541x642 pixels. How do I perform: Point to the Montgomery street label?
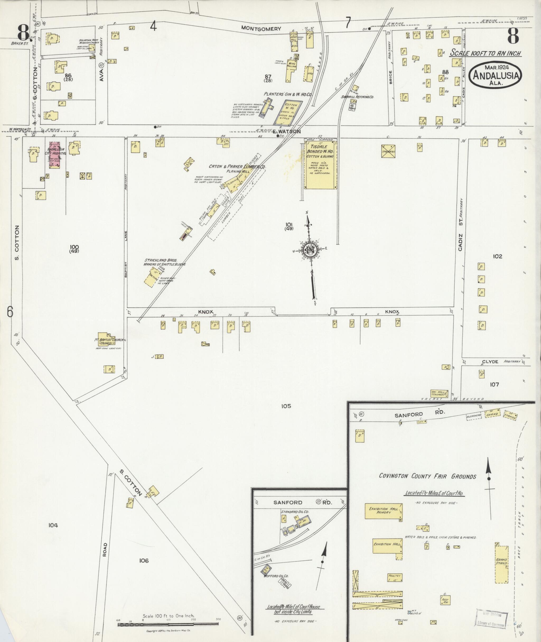pyautogui.click(x=261, y=29)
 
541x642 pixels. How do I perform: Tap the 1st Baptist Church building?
pyautogui.click(x=106, y=339)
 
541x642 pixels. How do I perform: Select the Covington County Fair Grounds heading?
pyautogui.click(x=427, y=476)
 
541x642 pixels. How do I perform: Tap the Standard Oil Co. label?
pyautogui.click(x=295, y=512)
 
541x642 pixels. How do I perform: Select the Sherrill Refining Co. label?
pyautogui.click(x=358, y=97)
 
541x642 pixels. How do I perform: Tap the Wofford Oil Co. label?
pyautogui.click(x=276, y=576)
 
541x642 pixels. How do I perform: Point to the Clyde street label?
pyautogui.click(x=490, y=362)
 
